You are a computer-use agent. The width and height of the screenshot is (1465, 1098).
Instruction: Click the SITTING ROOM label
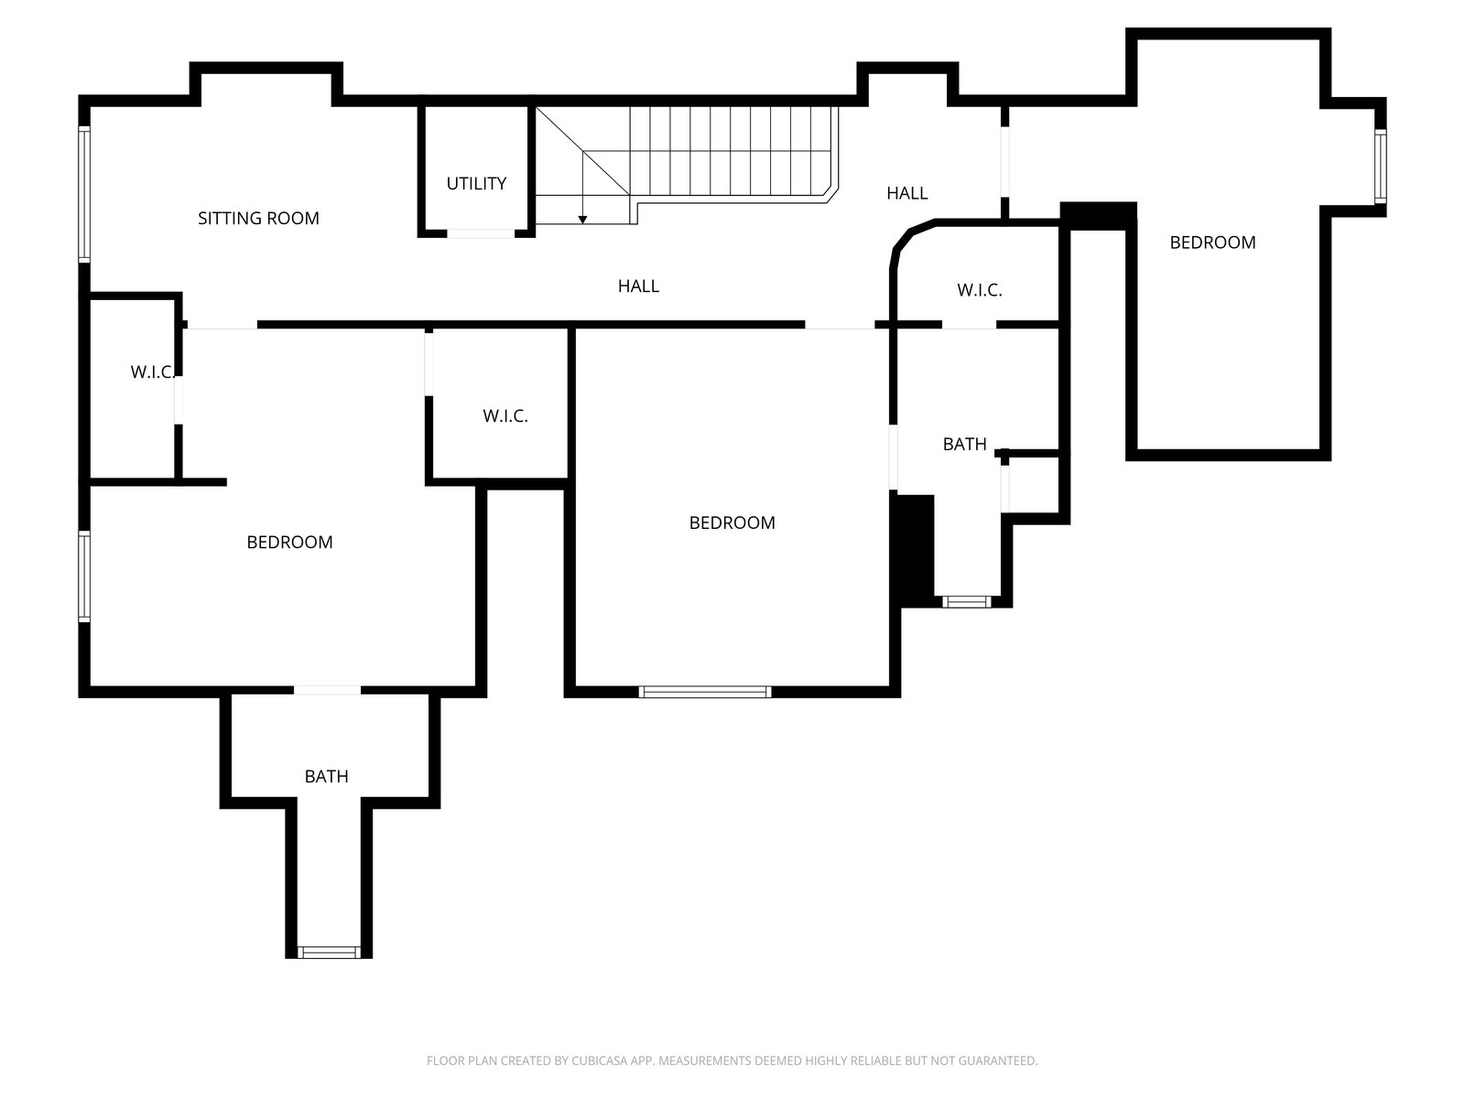pos(258,218)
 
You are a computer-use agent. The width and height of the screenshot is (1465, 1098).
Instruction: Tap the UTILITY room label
pos(476,183)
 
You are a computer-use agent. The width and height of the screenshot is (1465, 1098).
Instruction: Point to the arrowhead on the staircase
pos(582,220)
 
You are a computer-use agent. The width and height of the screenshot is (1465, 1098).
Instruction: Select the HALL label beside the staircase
pos(907,193)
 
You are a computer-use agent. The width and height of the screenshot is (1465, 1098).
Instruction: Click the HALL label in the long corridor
pos(638,286)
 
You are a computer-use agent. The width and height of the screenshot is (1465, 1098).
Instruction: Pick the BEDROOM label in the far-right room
pos(1212,242)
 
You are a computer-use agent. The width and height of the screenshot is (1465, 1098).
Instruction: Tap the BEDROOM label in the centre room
pos(732,522)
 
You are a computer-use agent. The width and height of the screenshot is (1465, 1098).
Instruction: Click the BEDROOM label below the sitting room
pos(289,542)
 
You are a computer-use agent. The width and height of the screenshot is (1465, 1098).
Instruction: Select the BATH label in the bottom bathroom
pos(326,776)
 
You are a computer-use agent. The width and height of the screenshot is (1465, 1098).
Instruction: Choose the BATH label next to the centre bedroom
pos(964,444)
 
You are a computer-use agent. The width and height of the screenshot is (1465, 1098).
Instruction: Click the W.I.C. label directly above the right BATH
pos(979,290)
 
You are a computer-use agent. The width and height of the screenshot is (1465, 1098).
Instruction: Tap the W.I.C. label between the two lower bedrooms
pos(505,416)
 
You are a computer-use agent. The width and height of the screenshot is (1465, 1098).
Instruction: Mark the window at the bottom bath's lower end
pos(329,952)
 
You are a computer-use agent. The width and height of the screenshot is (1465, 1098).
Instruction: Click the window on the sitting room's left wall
pos(84,195)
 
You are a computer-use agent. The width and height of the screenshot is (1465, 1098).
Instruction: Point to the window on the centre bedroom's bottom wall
pos(705,692)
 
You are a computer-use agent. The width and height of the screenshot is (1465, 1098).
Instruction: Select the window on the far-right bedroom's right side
pos(1380,167)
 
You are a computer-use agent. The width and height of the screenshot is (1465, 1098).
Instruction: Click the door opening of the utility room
pos(481,233)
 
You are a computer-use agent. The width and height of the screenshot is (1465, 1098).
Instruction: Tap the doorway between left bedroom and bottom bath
pos(328,690)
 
